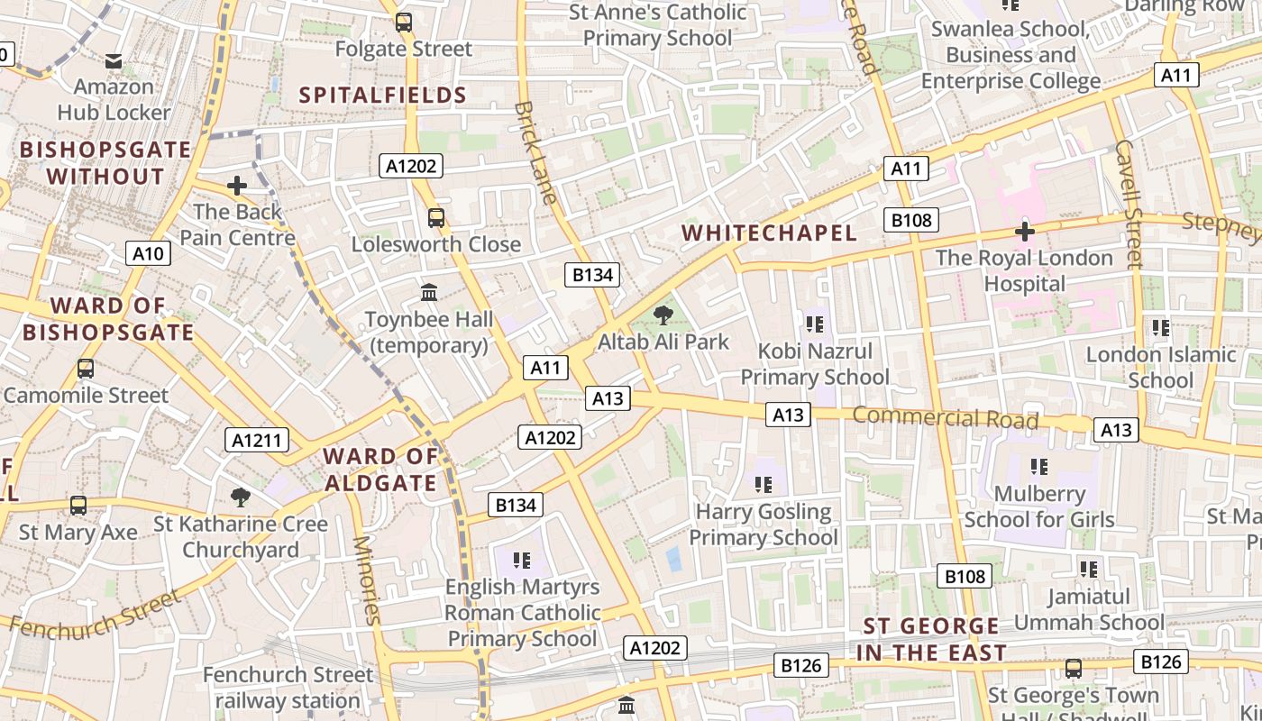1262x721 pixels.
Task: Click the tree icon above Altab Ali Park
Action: click(x=663, y=315)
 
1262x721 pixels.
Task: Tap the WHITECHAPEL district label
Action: click(x=769, y=233)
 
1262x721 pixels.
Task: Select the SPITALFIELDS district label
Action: click(x=382, y=95)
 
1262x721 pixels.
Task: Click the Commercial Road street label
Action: click(x=945, y=418)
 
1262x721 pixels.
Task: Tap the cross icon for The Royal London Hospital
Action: click(x=1024, y=232)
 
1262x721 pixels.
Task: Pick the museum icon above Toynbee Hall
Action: click(x=429, y=293)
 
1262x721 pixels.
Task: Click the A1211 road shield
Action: click(x=257, y=440)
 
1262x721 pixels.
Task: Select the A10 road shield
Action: click(x=148, y=253)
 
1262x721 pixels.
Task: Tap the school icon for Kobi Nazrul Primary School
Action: click(x=815, y=324)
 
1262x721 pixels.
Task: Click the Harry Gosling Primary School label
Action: click(x=764, y=525)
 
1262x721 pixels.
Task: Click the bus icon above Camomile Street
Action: click(x=86, y=369)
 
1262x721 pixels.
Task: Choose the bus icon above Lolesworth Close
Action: click(x=436, y=217)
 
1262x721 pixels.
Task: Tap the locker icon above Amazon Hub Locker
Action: click(x=114, y=61)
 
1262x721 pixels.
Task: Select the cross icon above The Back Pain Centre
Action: click(x=237, y=186)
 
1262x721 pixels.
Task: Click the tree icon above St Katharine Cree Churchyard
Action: click(x=240, y=497)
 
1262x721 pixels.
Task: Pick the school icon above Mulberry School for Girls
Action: click(x=1039, y=467)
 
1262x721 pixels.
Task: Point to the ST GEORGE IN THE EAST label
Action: click(x=931, y=639)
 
